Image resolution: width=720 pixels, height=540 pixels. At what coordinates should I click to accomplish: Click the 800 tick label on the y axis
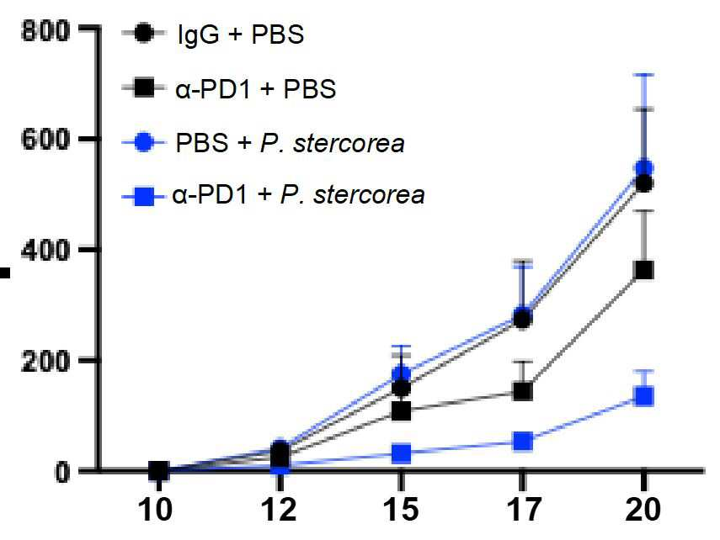[x=45, y=32]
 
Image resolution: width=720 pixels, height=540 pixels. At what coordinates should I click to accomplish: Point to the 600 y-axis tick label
[x=45, y=139]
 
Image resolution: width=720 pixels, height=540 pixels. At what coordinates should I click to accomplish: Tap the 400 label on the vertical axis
[x=45, y=250]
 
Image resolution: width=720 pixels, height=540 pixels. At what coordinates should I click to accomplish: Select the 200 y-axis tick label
[x=45, y=362]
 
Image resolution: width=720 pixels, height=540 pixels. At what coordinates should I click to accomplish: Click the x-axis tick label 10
[x=155, y=509]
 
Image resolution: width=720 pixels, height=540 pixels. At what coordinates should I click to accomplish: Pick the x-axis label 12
[x=279, y=509]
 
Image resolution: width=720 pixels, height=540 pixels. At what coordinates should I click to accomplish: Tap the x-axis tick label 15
[x=402, y=509]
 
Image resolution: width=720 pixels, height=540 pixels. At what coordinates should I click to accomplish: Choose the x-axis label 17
[x=524, y=509]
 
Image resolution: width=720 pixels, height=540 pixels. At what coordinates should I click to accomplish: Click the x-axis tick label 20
[x=643, y=509]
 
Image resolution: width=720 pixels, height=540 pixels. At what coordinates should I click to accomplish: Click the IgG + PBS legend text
[x=241, y=34]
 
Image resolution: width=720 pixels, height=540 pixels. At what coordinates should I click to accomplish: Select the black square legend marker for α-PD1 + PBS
[x=144, y=87]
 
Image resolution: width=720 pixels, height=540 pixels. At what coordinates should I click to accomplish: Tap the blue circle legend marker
[x=144, y=143]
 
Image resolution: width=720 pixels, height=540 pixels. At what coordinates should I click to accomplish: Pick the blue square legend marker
[x=144, y=197]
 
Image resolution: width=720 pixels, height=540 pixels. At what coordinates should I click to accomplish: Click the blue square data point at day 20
[x=643, y=396]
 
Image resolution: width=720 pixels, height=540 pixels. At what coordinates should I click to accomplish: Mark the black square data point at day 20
[x=643, y=270]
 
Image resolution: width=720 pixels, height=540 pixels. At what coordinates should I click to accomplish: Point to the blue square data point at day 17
[x=523, y=442]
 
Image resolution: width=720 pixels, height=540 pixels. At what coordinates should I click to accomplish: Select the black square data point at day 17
[x=523, y=391]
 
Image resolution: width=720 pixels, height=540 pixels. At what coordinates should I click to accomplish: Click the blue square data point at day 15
[x=402, y=453]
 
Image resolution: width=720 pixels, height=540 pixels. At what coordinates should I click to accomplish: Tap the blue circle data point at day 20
[x=643, y=168]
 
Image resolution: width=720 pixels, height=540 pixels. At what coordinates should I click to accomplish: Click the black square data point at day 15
[x=402, y=411]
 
